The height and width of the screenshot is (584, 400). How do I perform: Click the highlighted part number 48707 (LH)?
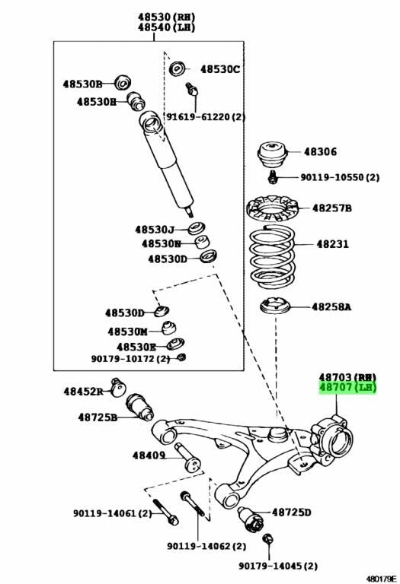tap(347, 387)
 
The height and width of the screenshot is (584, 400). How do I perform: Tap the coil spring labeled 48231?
tap(272, 257)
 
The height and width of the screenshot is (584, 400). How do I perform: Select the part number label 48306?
tap(320, 151)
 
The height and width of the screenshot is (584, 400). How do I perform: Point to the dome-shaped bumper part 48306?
tap(272, 155)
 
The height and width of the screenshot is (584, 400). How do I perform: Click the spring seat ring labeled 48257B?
tap(273, 209)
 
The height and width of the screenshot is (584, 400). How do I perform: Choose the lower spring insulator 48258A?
tap(275, 306)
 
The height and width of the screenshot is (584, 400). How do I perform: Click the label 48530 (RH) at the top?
tap(166, 17)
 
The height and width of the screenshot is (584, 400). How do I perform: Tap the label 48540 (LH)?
tap(166, 27)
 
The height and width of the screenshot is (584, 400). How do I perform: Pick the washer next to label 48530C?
tap(177, 69)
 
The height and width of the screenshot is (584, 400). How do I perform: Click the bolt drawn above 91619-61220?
tap(192, 89)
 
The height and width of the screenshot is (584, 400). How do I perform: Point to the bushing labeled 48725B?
tap(140, 407)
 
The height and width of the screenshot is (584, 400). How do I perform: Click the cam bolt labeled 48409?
tap(187, 457)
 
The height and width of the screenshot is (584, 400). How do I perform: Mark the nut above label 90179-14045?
tap(267, 539)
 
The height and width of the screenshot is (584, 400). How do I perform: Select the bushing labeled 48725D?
tap(251, 518)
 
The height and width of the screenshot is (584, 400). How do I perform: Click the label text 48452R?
tap(83, 392)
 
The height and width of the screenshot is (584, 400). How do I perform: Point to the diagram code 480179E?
tap(380, 579)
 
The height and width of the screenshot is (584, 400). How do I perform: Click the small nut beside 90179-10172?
tap(181, 357)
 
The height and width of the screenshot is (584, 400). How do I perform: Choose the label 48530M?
tap(127, 332)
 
